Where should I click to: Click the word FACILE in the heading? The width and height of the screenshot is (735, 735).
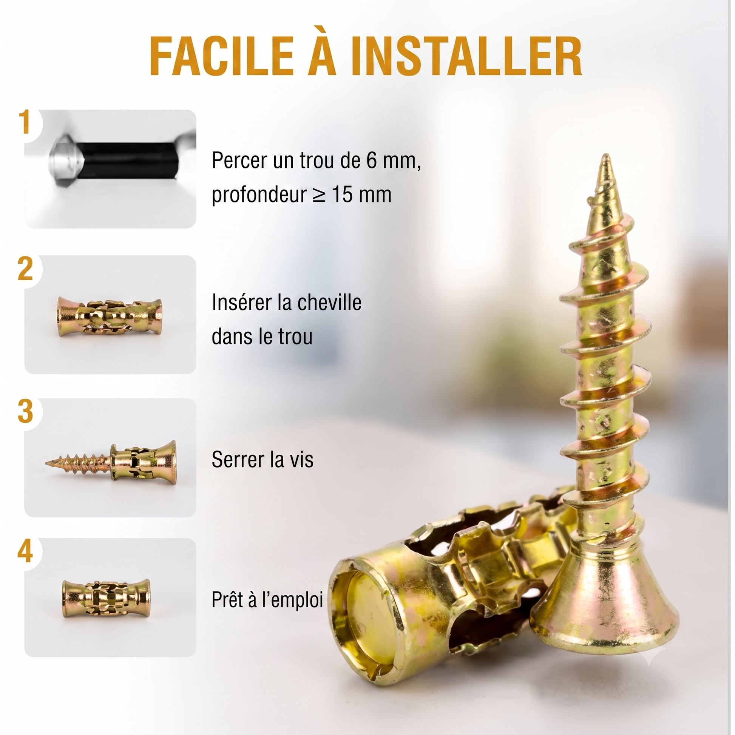[x=222, y=57]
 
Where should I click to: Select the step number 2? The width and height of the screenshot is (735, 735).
[x=25, y=269]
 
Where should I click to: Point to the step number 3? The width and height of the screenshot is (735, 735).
[x=25, y=412]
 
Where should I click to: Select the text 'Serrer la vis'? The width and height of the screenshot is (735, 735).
[x=262, y=460]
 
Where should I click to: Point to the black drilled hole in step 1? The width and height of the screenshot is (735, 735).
[x=127, y=160]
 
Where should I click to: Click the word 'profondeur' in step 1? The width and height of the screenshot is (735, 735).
[x=259, y=195]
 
